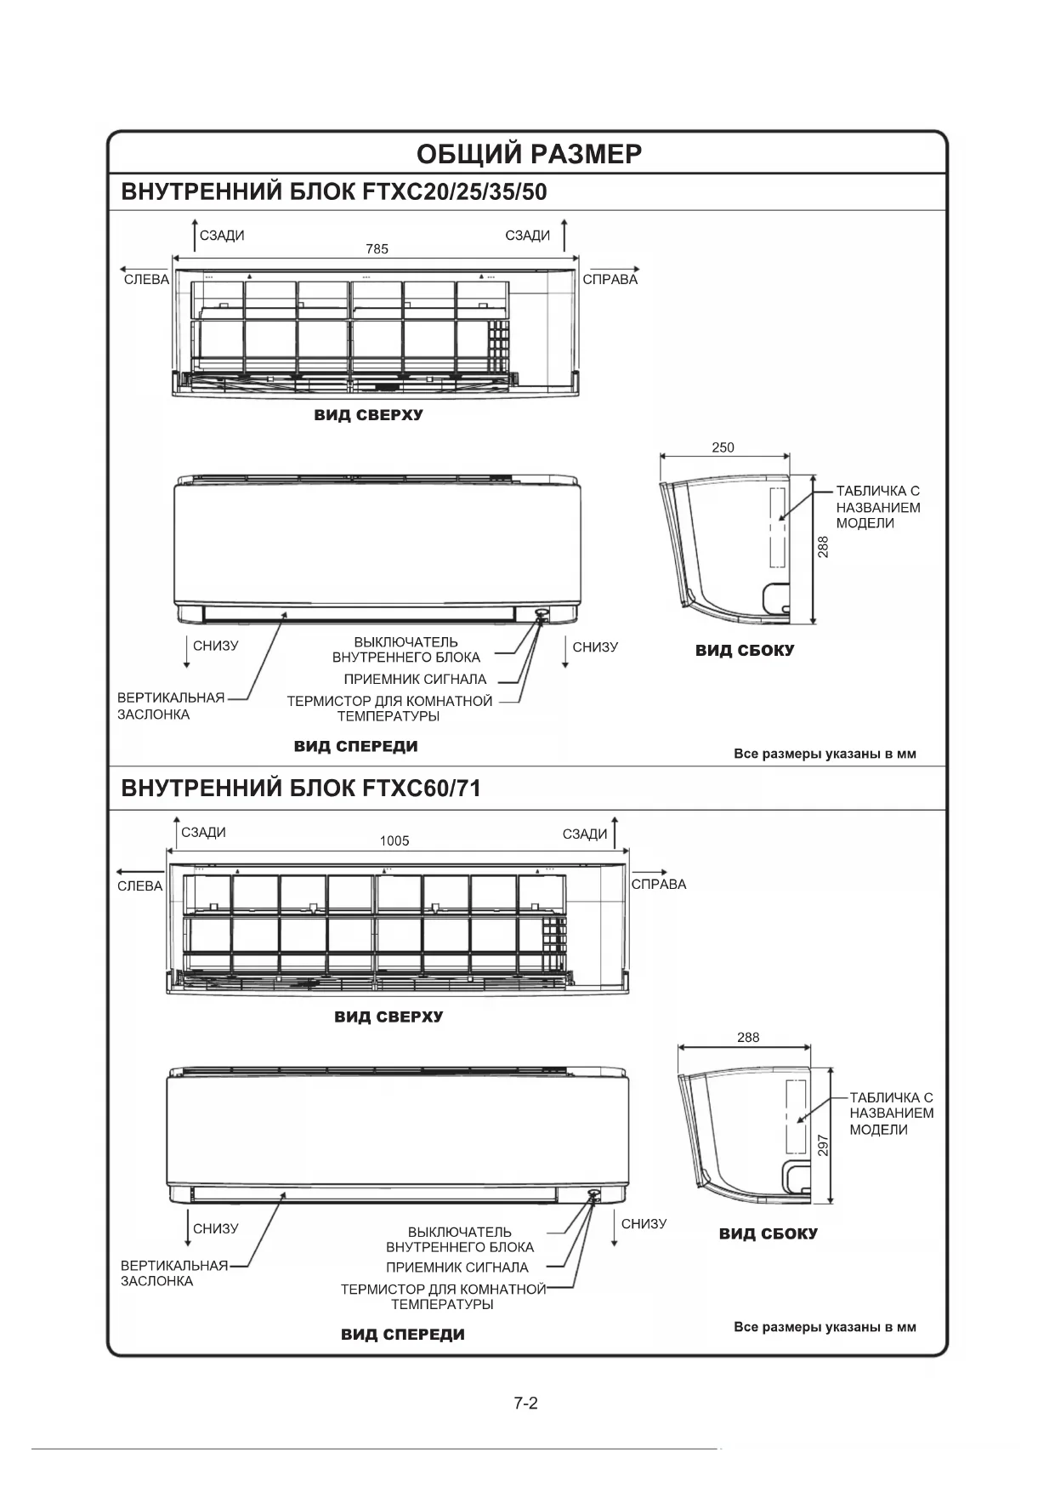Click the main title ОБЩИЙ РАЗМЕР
click(x=528, y=154)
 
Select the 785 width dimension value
click(x=377, y=249)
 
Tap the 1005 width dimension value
click(x=394, y=840)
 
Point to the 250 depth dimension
click(x=723, y=447)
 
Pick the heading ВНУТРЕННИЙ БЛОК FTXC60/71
click(x=301, y=789)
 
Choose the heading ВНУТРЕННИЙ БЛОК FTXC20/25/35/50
click(x=334, y=191)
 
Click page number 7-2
click(x=526, y=1403)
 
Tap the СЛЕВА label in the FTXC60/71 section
click(x=140, y=886)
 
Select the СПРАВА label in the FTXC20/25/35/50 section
click(x=610, y=279)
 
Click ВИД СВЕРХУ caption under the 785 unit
click(x=368, y=416)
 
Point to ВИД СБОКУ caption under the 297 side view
click(x=768, y=1233)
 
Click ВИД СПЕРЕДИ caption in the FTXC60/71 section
click(x=403, y=1334)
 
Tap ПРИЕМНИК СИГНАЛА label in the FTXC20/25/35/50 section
click(x=415, y=680)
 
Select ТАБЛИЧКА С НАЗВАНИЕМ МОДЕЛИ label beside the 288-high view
click(x=877, y=507)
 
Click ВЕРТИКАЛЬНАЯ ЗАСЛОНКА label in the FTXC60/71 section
click(x=173, y=1273)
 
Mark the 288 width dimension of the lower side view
click(x=748, y=1037)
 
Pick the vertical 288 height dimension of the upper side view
click(x=823, y=546)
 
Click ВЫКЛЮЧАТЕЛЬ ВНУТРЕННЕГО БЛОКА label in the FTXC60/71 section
click(x=460, y=1239)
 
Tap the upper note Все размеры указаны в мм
click(x=825, y=754)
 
